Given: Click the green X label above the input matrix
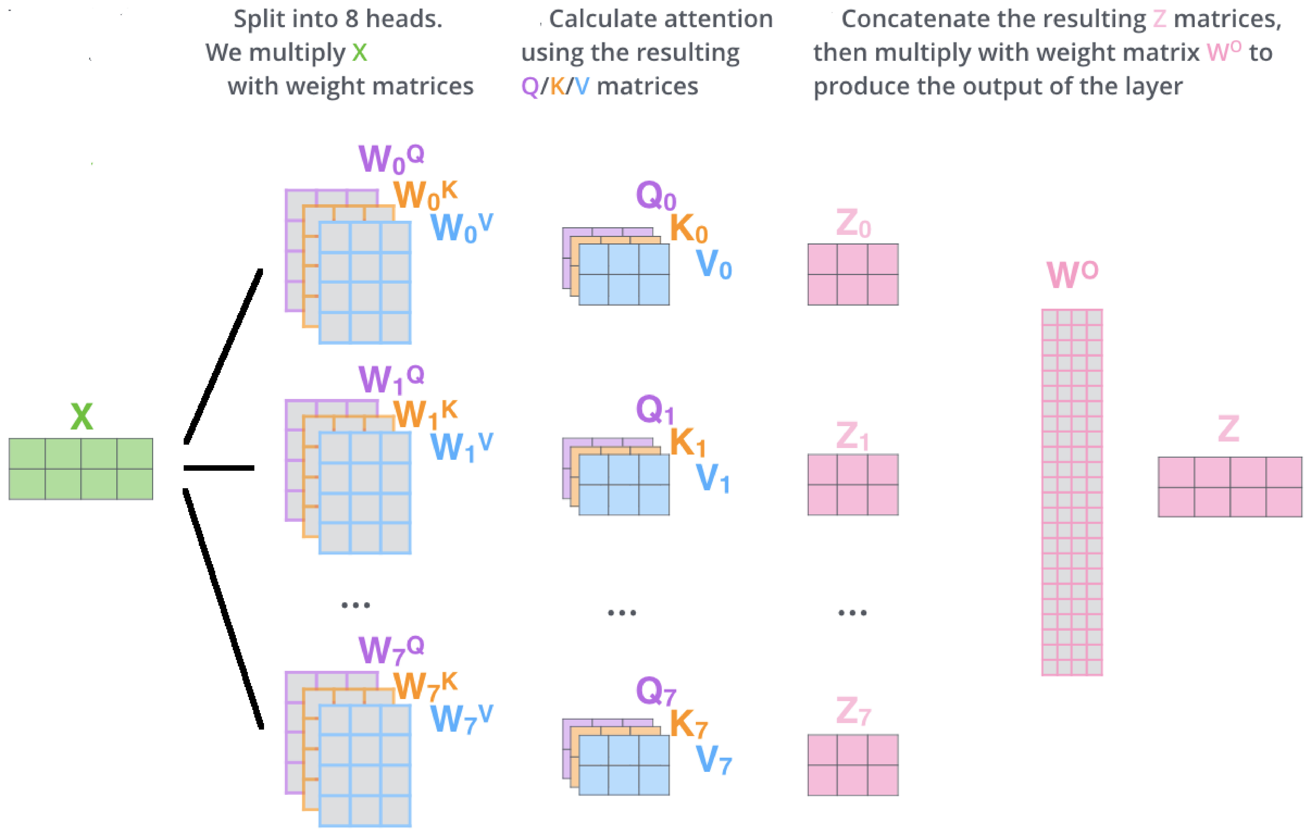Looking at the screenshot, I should point(82,417).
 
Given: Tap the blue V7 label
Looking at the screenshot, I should point(713,759).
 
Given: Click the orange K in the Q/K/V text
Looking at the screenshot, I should point(557,86).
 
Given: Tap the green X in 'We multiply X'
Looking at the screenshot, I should point(359,53).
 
